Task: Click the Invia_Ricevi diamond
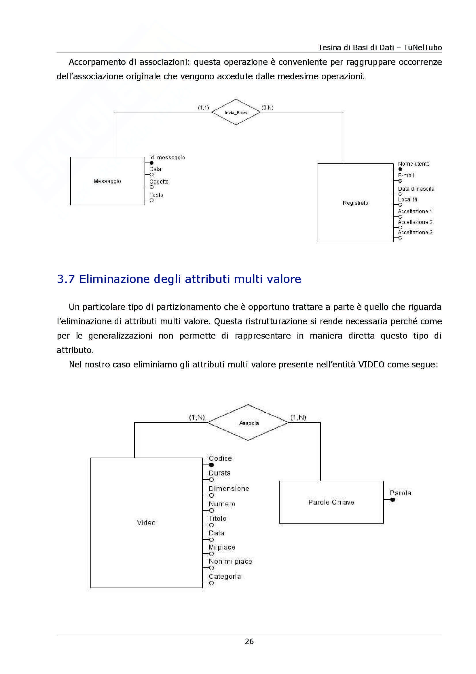click(x=236, y=112)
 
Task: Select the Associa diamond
click(x=248, y=423)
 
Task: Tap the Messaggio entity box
click(x=107, y=181)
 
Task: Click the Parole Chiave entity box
click(x=331, y=502)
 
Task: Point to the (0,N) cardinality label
click(x=268, y=108)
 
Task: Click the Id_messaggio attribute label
click(x=167, y=158)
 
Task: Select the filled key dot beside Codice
click(x=211, y=465)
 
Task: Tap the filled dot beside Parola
click(x=393, y=500)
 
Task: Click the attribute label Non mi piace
click(x=231, y=561)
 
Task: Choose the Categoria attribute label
click(x=225, y=577)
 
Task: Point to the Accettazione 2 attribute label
click(x=415, y=222)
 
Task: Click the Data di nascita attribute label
click(x=416, y=189)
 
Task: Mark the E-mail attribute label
click(x=406, y=175)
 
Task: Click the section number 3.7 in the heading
click(x=66, y=279)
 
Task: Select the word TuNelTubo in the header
click(x=423, y=48)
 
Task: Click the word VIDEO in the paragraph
click(x=371, y=365)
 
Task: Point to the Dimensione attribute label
click(x=229, y=488)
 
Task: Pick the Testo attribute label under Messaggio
click(x=156, y=195)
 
